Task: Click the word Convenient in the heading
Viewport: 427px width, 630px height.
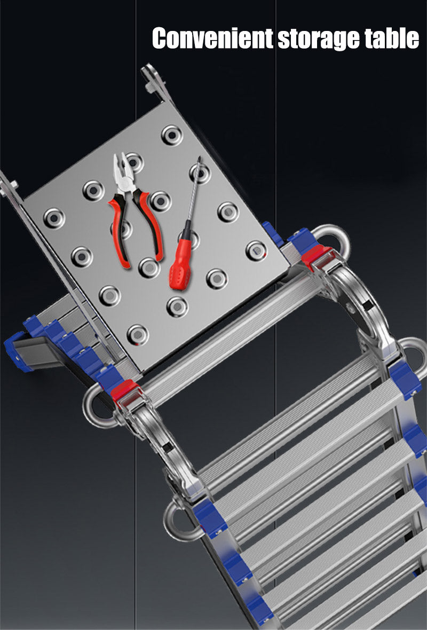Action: click(212, 38)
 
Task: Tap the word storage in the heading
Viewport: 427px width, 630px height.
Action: click(319, 40)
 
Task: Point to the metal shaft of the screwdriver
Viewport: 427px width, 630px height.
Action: click(193, 189)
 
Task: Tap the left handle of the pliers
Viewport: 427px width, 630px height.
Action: click(119, 231)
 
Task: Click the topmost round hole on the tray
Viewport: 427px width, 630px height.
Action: click(172, 135)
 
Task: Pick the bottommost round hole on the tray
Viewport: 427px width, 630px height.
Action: click(138, 335)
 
